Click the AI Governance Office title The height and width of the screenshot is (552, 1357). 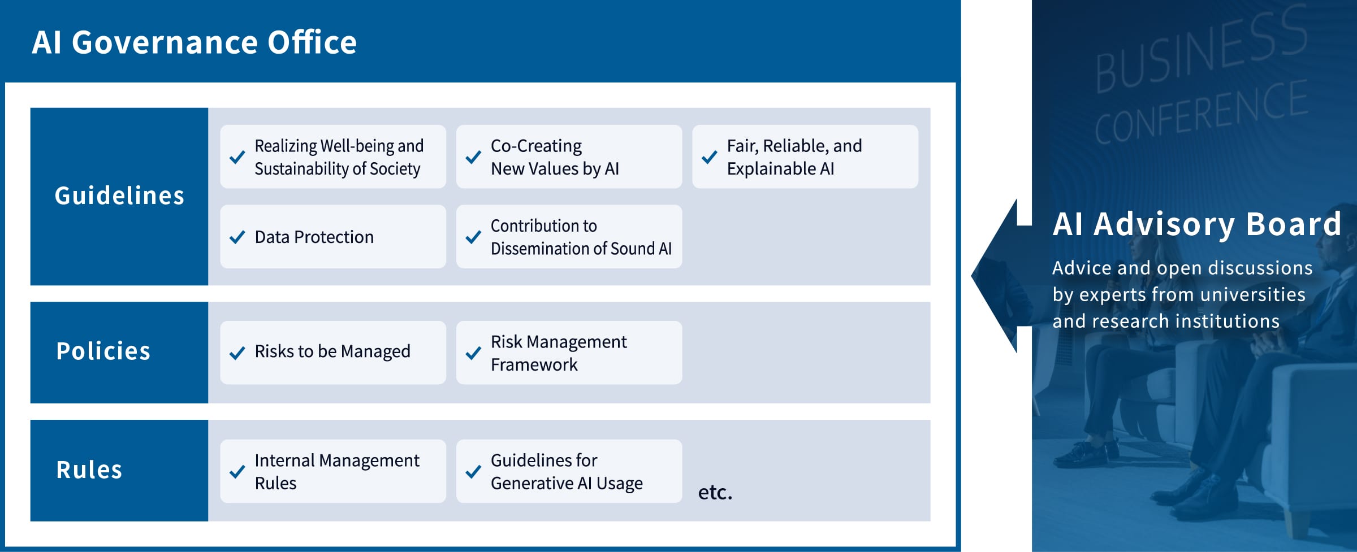(x=194, y=42)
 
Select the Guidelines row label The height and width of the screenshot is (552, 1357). (x=119, y=196)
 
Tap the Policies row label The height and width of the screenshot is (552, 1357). (x=103, y=351)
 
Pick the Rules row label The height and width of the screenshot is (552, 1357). (x=89, y=470)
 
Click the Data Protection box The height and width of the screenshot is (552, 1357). (x=333, y=237)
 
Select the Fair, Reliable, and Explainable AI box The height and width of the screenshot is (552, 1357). (x=805, y=157)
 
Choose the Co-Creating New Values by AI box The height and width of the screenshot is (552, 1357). (x=569, y=157)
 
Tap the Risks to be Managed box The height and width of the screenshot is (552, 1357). (x=333, y=353)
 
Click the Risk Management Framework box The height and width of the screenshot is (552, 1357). (x=569, y=353)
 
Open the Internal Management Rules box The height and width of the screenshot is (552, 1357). (x=333, y=471)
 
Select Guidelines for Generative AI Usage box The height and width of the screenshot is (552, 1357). (x=569, y=471)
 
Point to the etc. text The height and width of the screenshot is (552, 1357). (x=715, y=492)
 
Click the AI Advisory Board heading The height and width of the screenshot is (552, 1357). (x=1197, y=224)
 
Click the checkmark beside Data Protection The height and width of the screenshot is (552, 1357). (x=237, y=237)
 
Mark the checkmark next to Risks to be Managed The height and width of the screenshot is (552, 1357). (x=237, y=353)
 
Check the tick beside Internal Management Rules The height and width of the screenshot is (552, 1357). (x=237, y=472)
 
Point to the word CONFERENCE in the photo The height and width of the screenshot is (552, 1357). (x=1201, y=112)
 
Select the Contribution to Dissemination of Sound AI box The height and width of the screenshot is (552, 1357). (x=569, y=237)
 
